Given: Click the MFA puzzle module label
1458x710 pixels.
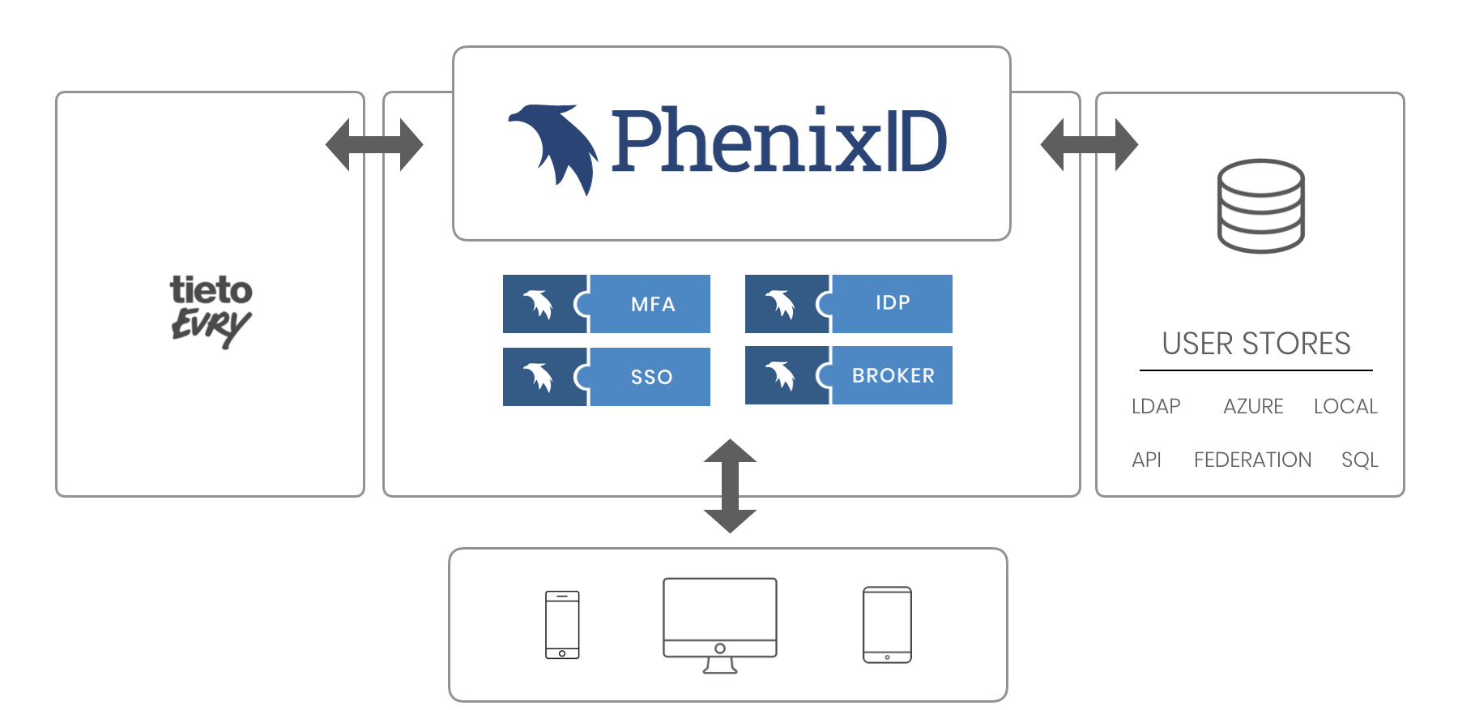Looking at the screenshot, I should [652, 305].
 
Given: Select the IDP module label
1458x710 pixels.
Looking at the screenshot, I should [893, 303].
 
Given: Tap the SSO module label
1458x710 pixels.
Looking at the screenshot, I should [651, 377].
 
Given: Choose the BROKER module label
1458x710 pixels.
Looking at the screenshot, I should [893, 376].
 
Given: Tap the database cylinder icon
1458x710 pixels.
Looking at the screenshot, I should [1260, 206].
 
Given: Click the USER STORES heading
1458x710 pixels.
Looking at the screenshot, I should [1255, 344].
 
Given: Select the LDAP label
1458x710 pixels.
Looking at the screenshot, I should [1156, 406].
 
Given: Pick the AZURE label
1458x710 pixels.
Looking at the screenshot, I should [1253, 406].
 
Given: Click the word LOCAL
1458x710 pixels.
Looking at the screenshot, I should [1345, 406].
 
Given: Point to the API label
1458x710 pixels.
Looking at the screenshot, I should [1146, 460].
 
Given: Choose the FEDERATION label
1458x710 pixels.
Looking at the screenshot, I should [1252, 460].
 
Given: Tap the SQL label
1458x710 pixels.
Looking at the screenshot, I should [1359, 460].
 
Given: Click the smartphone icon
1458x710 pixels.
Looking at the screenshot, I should [562, 624].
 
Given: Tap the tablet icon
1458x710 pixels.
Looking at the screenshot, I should [887, 624].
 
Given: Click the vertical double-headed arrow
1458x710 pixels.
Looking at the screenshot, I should [730, 485].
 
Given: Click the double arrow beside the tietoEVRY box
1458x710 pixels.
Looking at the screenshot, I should [374, 145].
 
